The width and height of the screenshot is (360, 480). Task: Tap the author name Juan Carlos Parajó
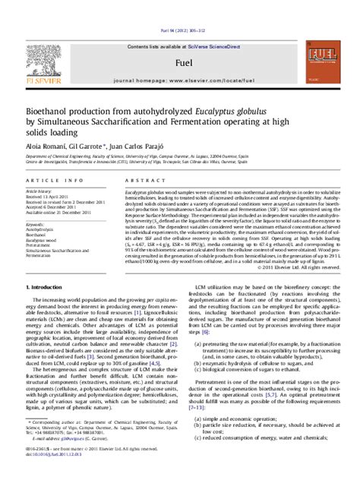pos(136,144)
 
